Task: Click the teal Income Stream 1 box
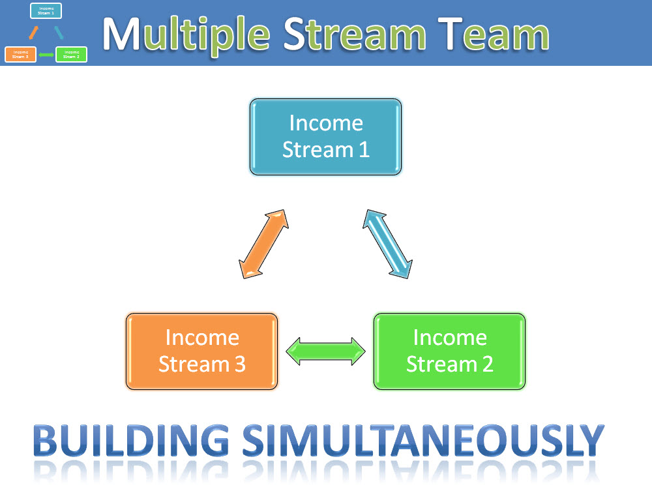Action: pos(325,137)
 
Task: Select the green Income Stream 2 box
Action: pos(449,351)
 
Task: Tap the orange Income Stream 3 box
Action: pos(201,351)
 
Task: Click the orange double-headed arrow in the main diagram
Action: pos(263,244)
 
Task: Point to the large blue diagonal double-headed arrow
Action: pos(388,244)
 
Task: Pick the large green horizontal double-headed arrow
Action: pos(326,351)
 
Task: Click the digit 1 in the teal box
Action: pos(363,150)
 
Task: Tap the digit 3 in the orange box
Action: pos(239,364)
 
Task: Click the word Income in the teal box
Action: pos(325,123)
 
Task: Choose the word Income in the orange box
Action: pos(202,337)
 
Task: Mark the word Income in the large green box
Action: pos(450,337)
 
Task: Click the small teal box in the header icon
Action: pos(46,10)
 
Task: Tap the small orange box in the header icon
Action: pos(20,54)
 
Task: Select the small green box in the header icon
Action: pos(71,54)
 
